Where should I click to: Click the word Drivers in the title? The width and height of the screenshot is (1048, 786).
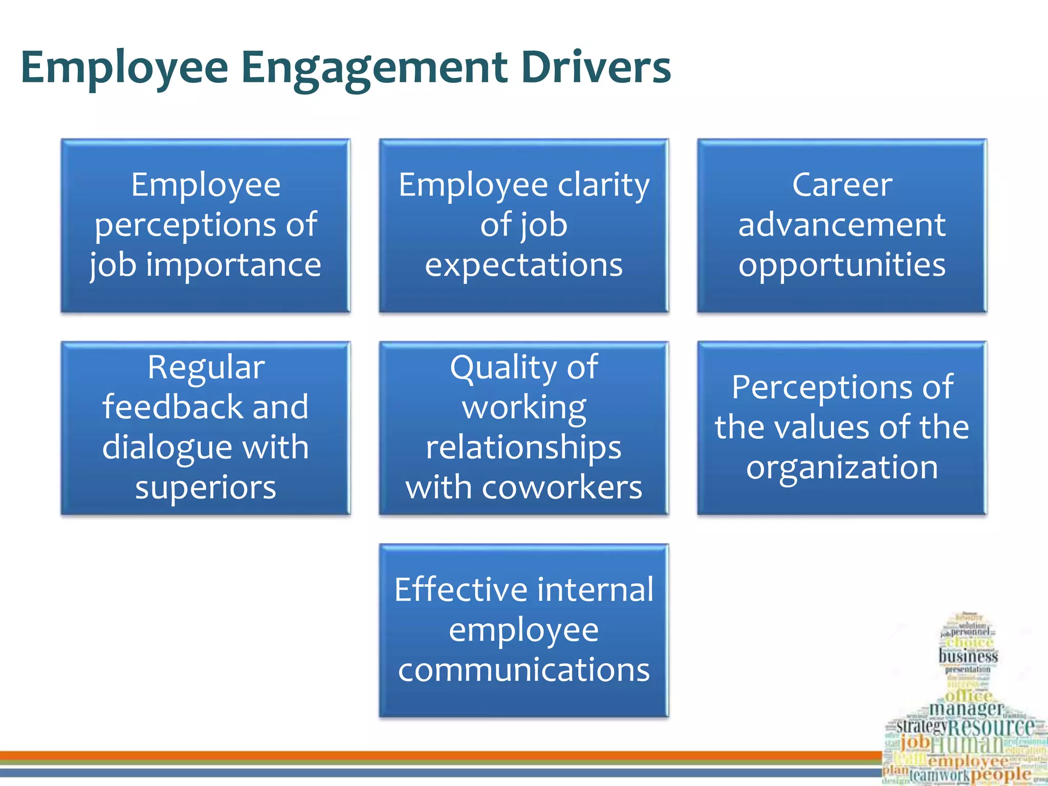click(596, 68)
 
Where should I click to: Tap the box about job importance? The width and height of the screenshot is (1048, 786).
click(205, 226)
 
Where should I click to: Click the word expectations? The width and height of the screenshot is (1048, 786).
click(523, 266)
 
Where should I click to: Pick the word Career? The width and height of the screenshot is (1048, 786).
click(842, 185)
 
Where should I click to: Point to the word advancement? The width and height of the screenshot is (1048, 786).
click(842, 225)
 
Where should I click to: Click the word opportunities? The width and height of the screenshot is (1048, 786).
click(842, 266)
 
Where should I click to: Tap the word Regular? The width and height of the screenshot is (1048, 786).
click(206, 367)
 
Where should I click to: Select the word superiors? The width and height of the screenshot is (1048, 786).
click(206, 487)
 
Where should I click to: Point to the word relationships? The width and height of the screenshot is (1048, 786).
click(523, 448)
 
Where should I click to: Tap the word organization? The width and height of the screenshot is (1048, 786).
click(842, 467)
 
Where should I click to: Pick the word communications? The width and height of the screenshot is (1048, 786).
click(523, 670)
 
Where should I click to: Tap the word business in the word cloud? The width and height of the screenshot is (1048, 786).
click(968, 656)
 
